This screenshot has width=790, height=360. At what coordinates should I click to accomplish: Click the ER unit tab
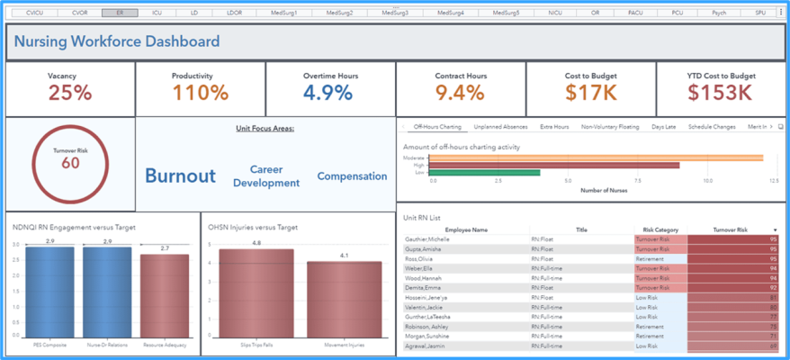point(120,13)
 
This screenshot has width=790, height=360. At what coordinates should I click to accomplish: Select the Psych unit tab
point(718,13)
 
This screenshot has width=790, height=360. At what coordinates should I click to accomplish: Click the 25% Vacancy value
point(70,92)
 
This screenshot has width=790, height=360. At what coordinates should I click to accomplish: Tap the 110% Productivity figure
point(200,92)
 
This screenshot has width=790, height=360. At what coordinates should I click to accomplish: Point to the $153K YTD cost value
point(720,92)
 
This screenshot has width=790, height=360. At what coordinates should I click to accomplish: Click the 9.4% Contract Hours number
point(460,92)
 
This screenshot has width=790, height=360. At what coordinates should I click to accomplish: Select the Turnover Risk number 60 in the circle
point(70,163)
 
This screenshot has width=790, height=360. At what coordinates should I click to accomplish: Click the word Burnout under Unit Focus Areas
point(180,176)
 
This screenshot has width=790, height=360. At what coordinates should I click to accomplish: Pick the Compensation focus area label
point(352,176)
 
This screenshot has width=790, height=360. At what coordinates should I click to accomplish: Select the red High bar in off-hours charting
point(553,165)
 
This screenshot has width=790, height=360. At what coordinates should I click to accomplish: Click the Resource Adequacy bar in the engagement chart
point(165,297)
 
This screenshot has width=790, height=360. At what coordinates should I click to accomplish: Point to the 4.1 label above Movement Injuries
point(344,256)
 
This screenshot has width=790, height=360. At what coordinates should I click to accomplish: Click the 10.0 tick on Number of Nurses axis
point(708,180)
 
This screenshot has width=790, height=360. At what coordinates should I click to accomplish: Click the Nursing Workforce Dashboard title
point(117,41)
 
